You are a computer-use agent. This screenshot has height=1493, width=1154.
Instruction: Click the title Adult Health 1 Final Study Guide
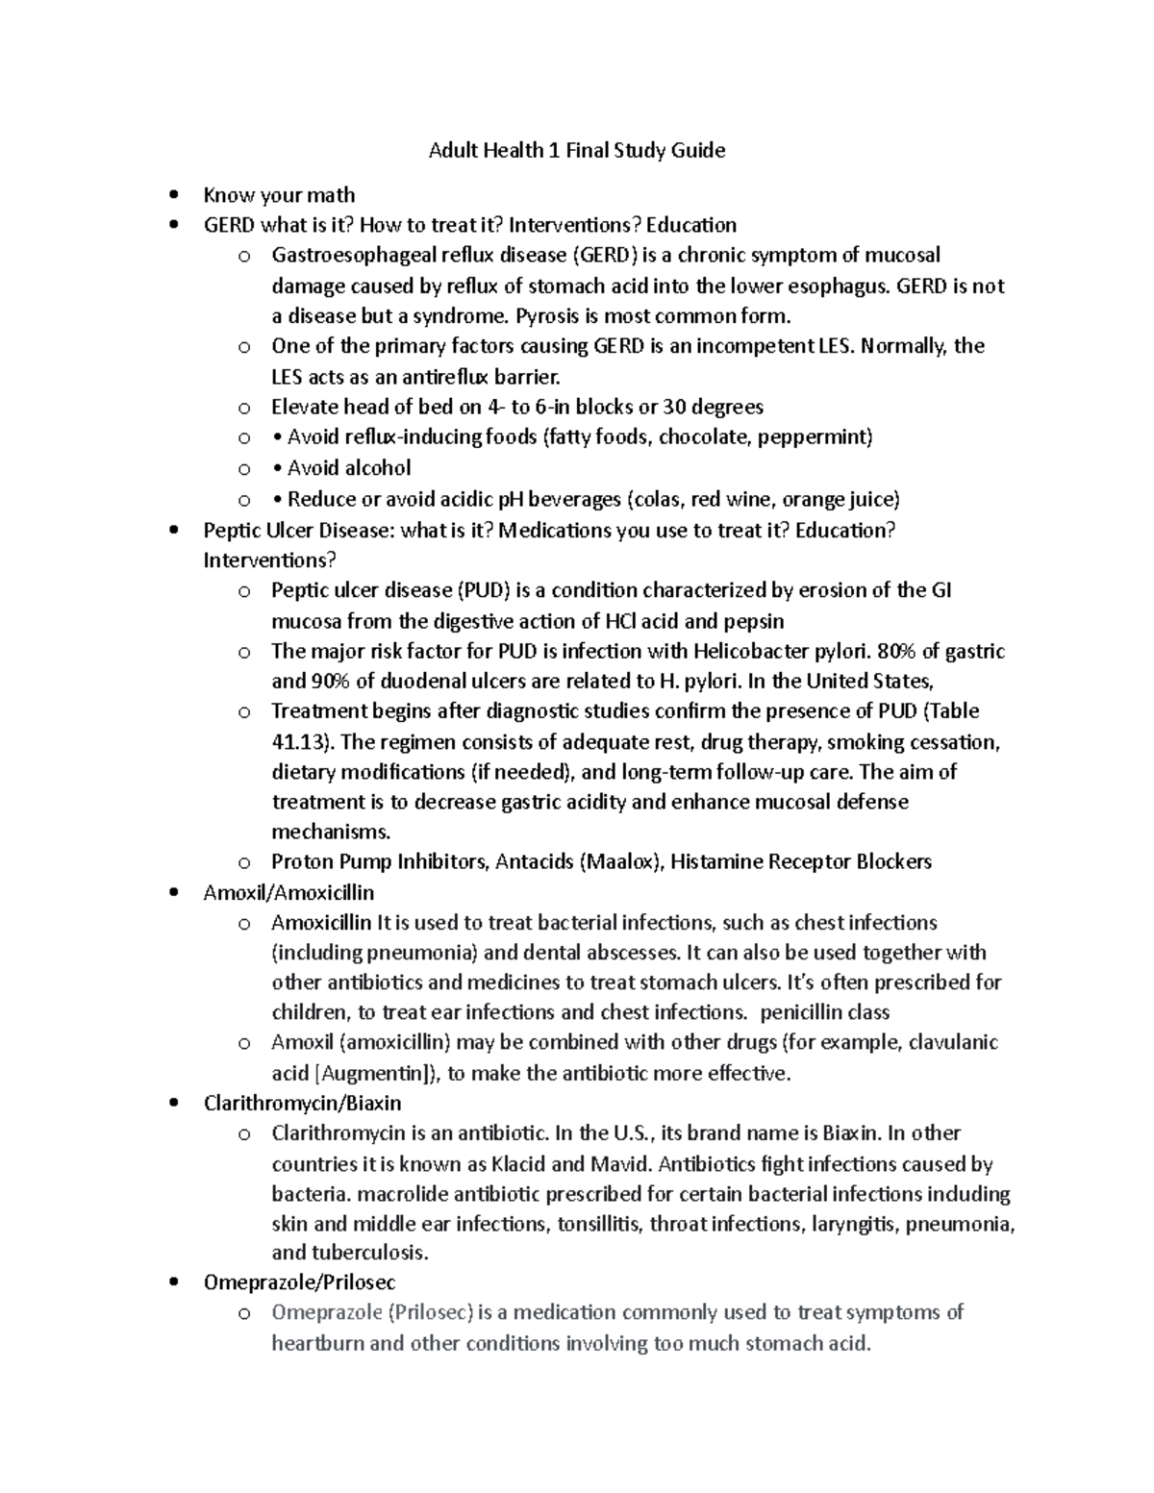point(576,150)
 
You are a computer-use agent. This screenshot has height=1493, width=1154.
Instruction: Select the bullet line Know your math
point(279,195)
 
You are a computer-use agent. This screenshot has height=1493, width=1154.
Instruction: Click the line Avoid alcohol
point(349,468)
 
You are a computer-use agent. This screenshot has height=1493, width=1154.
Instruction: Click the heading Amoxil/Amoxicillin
point(288,892)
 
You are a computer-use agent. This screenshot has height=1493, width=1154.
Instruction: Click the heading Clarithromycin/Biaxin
point(302,1103)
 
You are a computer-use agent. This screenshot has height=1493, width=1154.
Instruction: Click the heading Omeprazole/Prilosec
point(299,1282)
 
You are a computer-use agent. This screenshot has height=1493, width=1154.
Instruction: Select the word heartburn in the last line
point(316,1343)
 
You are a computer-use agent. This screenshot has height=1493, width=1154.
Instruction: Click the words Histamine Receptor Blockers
point(800,861)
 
